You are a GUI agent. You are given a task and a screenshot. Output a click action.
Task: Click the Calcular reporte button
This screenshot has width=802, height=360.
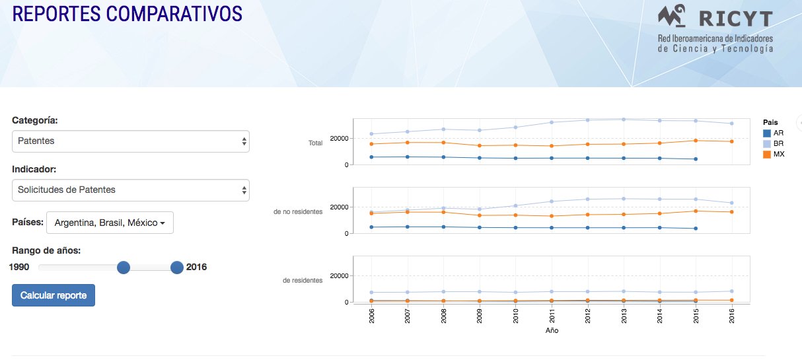[x=54, y=295]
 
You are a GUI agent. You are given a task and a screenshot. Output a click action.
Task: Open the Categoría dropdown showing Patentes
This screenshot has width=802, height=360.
[x=131, y=141]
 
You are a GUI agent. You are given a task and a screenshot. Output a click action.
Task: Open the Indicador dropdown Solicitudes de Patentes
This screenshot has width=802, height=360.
[x=131, y=190]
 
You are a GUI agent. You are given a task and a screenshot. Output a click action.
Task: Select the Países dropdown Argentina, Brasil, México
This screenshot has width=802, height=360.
[x=110, y=223]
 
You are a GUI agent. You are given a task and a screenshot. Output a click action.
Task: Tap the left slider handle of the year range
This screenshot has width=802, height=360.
[x=124, y=268]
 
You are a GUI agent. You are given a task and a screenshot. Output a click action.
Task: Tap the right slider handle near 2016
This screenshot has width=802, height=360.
[x=177, y=268]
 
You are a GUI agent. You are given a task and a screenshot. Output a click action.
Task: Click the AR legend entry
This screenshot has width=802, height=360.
[x=774, y=133]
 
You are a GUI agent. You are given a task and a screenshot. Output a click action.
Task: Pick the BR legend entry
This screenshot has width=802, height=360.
[x=774, y=143]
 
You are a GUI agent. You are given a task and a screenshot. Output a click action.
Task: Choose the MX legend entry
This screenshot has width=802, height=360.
[x=774, y=154]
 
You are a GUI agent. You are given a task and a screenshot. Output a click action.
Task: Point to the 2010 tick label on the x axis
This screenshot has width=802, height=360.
[x=515, y=316]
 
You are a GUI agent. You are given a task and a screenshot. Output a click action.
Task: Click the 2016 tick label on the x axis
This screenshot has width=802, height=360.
[x=732, y=316]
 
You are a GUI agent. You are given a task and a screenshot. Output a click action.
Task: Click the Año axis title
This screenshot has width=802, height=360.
[x=552, y=330]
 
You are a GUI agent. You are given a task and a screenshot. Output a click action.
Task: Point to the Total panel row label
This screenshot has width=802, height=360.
[x=315, y=143]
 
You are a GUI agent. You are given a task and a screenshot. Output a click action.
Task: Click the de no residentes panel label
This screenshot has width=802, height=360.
[x=298, y=211]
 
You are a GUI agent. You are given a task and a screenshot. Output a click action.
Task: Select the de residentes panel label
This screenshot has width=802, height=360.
[x=303, y=280]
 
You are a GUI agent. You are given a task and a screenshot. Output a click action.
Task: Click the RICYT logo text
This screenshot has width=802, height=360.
[x=736, y=19]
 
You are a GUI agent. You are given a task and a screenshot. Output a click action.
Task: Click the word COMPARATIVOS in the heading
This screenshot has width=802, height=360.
[x=174, y=14]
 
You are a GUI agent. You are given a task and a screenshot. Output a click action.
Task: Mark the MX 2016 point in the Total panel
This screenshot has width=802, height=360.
[x=732, y=141]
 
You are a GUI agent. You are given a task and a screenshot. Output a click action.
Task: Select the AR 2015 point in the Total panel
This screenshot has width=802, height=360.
[x=696, y=159]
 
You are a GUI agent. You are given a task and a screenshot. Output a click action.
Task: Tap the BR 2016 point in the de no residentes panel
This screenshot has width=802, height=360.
[x=732, y=203]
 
